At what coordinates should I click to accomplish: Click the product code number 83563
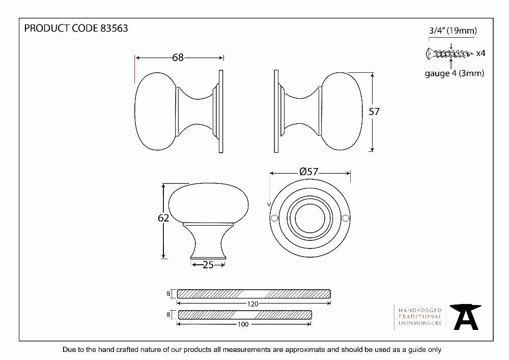coord(114,29)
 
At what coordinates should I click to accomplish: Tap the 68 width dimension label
coord(178,58)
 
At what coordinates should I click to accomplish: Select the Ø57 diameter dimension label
coord(309,172)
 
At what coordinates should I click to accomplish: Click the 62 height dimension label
coord(163,218)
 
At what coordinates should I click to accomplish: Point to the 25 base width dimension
coord(208,265)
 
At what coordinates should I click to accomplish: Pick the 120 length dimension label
coord(252,304)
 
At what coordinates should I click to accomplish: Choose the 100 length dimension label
coord(243,324)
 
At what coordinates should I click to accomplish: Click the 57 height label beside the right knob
coord(374,112)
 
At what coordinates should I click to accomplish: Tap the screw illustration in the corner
coord(449,53)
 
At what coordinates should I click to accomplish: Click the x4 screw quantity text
coord(480,53)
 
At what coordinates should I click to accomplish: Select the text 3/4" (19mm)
coord(453,31)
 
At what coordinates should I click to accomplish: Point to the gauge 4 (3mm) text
coord(455,73)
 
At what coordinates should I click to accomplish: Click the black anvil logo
coord(466,317)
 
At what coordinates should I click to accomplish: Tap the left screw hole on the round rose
coord(274,218)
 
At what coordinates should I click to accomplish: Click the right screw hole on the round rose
coord(346,218)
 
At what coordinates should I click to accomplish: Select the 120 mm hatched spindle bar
coord(254,294)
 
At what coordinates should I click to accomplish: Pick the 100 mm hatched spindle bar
coord(245,315)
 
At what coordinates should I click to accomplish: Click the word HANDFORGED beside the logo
coord(420,310)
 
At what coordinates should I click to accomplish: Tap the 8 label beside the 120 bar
coord(168,294)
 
